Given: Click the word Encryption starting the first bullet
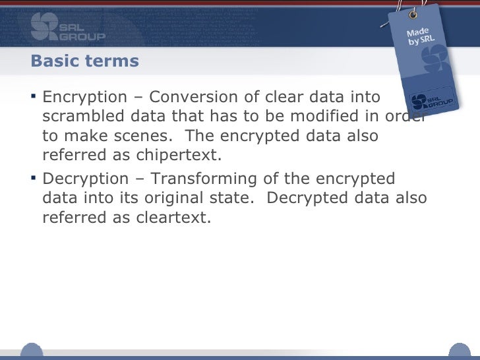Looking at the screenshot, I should (x=84, y=98).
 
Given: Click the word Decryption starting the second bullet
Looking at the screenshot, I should (x=84, y=179).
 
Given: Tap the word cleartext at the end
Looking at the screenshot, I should (x=170, y=218).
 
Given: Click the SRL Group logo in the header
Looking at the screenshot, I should (x=67, y=26).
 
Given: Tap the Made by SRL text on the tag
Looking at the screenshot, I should (x=420, y=37).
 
